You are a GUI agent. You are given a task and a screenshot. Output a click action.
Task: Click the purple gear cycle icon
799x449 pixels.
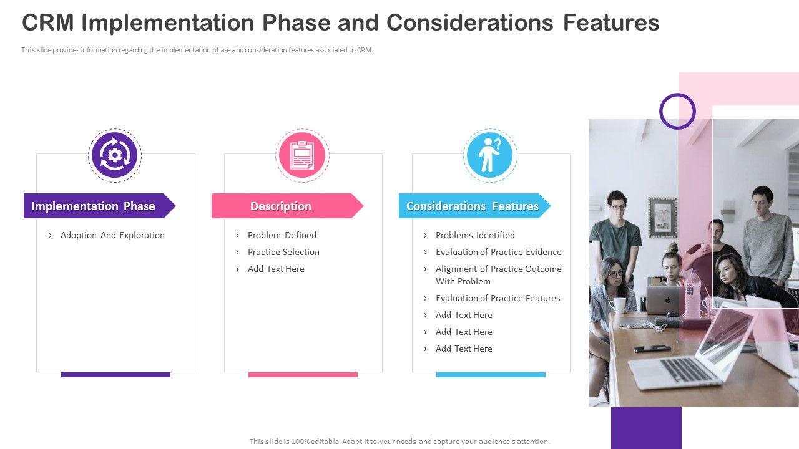pyautogui.click(x=114, y=155)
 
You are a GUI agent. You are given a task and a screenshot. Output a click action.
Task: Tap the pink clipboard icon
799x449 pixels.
pyautogui.click(x=302, y=155)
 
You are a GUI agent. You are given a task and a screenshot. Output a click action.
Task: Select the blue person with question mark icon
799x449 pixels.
pyautogui.click(x=490, y=155)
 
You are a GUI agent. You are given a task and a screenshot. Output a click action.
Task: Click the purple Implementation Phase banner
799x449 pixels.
pyautogui.click(x=99, y=206)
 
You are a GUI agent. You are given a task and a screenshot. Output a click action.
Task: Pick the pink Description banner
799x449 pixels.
pyautogui.click(x=287, y=206)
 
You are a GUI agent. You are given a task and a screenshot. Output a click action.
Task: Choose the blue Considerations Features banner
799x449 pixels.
pyautogui.click(x=474, y=206)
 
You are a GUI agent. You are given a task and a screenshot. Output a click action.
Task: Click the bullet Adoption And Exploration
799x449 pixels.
pyautogui.click(x=112, y=235)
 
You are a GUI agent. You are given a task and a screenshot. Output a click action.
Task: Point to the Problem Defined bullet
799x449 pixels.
pyautogui.click(x=282, y=235)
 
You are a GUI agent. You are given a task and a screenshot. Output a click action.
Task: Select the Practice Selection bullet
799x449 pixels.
pyautogui.click(x=283, y=252)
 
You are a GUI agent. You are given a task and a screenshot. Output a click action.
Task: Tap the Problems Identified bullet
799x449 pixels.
pyautogui.click(x=475, y=235)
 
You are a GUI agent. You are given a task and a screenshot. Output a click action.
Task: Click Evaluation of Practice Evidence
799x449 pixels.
pyautogui.click(x=498, y=252)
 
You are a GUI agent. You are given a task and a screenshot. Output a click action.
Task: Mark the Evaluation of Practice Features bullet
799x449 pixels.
pyautogui.click(x=498, y=298)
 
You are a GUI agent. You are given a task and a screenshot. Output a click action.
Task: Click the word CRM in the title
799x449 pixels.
pyautogui.click(x=48, y=22)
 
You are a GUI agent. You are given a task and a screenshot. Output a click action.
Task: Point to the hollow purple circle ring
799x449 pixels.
pyautogui.click(x=677, y=94)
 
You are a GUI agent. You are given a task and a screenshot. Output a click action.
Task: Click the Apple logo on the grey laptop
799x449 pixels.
pyautogui.click(x=667, y=300)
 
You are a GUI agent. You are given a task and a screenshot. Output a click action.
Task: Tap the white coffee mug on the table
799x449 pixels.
pyautogui.click(x=618, y=306)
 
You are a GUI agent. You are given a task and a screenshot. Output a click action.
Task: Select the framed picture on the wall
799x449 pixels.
pyautogui.click(x=662, y=218)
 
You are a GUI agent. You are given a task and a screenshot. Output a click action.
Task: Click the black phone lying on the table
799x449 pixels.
pyautogui.click(x=652, y=348)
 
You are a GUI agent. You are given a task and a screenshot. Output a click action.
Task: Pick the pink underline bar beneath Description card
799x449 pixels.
pyautogui.click(x=303, y=375)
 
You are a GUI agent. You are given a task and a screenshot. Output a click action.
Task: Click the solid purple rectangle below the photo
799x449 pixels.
pyautogui.click(x=646, y=428)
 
